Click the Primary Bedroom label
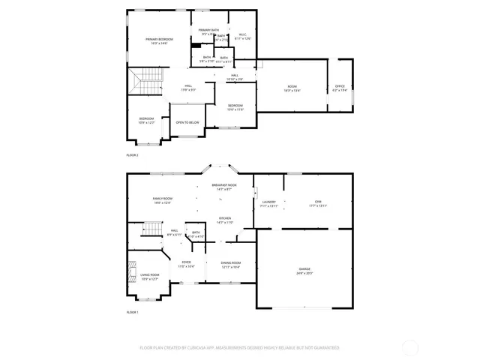159,39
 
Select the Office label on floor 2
339,86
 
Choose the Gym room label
317,202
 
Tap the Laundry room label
269,202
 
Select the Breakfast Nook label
223,184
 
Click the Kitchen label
225,218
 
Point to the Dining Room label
230,262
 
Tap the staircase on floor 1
152,228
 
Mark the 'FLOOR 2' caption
133,154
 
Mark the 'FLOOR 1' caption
133,311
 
